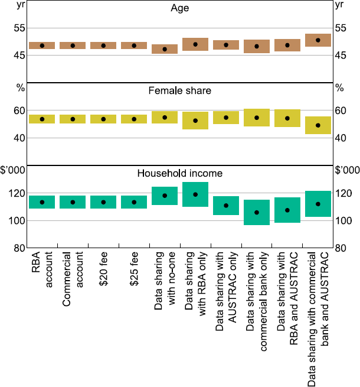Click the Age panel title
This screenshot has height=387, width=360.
tap(180, 9)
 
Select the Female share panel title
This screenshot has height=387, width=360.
tap(180, 91)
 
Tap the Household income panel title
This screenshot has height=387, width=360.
tap(180, 173)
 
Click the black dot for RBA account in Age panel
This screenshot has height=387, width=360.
tap(42, 45)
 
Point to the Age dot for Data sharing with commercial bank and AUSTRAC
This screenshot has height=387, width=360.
tap(318, 40)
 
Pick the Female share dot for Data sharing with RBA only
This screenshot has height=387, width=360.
tap(195, 121)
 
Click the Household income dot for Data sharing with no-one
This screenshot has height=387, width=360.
tap(165, 196)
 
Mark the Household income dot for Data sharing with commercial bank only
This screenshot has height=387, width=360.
tap(257, 212)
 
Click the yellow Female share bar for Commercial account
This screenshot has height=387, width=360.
tap(73, 119)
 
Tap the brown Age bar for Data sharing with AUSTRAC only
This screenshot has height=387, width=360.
tap(226, 45)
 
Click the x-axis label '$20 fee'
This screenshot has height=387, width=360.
tap(103, 271)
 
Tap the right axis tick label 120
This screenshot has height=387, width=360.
tap(342, 193)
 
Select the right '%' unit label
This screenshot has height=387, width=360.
tap(339, 88)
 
